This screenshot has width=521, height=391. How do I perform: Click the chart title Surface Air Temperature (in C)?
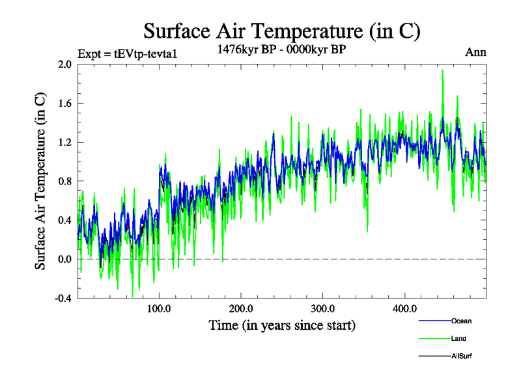point(282,31)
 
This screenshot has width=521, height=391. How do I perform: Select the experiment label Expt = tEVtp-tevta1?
point(127,53)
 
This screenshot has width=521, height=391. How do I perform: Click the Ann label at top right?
point(475,53)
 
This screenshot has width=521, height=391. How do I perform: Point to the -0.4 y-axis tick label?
point(63,298)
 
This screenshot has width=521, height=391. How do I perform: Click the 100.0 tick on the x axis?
point(160,308)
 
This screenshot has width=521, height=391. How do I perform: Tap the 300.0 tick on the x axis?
point(323,308)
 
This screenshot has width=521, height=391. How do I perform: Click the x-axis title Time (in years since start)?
point(282,325)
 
